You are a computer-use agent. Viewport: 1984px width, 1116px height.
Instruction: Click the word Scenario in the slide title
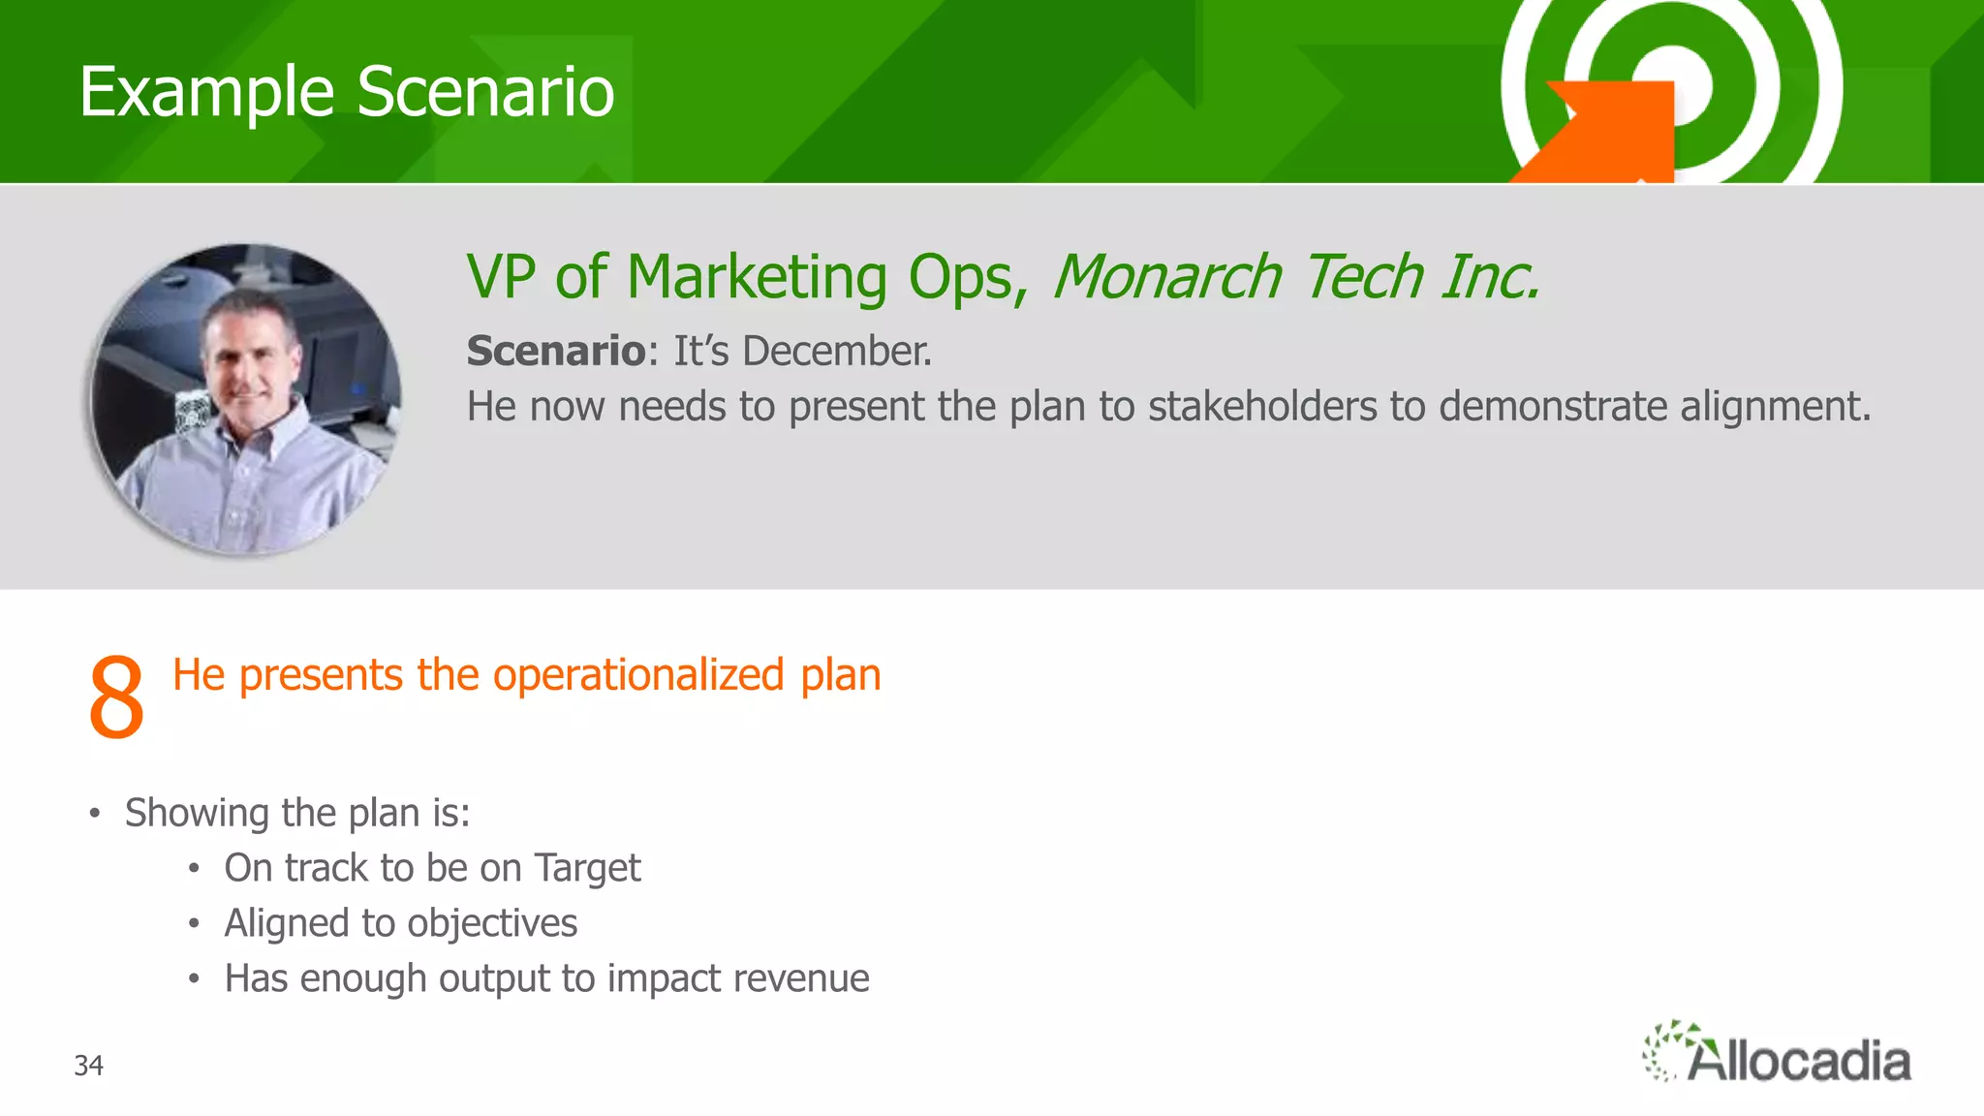(485, 93)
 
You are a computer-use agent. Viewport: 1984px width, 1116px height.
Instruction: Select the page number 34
(89, 1066)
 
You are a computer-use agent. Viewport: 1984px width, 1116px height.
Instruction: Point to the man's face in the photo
(250, 358)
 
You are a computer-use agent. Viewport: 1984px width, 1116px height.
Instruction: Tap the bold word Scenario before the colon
(555, 351)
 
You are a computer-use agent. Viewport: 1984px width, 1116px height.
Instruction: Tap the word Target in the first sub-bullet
(587, 869)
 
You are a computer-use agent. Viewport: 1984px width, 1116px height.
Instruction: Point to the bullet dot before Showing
(94, 814)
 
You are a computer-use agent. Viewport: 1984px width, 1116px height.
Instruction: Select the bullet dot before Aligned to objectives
(194, 924)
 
